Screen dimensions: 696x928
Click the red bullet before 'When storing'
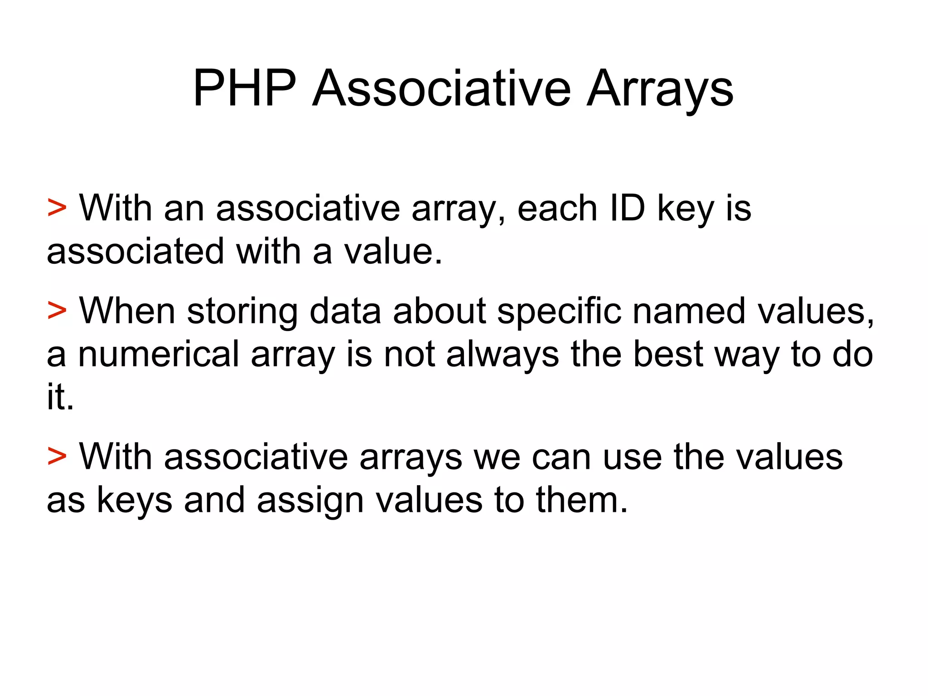pos(57,311)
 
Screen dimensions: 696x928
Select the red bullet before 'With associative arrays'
pos(57,457)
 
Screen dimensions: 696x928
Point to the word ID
pos(627,209)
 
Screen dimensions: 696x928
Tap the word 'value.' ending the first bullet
pos(393,252)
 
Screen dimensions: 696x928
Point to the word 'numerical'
pos(159,354)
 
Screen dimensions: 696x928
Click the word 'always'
pos(503,355)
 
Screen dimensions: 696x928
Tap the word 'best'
pos(668,354)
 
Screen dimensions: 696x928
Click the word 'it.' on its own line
pos(60,397)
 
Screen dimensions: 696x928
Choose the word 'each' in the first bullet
pos(557,209)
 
